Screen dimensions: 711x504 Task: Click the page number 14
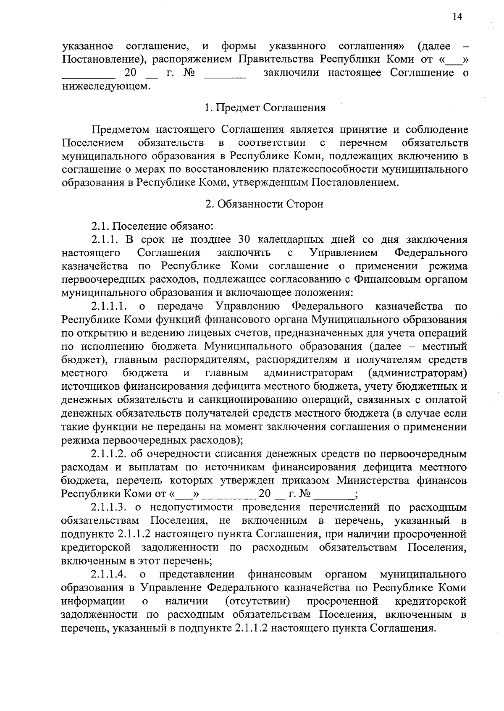[457, 16]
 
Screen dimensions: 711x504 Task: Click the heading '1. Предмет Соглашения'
[265, 108]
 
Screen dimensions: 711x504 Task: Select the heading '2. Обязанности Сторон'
[265, 205]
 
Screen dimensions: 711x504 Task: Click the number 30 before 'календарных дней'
[244, 240]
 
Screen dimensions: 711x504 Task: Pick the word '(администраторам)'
[417, 373]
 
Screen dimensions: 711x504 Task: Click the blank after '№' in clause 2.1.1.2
[333, 494]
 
